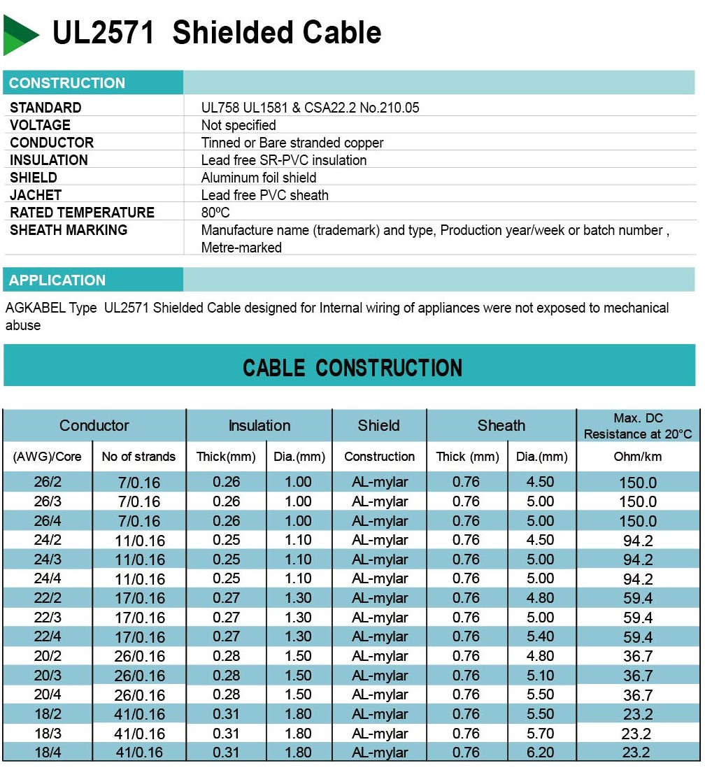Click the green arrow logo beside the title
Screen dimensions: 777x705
point(20,34)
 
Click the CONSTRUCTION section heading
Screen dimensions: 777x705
point(67,83)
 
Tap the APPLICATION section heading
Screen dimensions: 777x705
point(57,280)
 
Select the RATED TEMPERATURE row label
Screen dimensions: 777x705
point(82,213)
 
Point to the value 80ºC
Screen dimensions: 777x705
point(215,213)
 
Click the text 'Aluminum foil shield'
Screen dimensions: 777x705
point(259,178)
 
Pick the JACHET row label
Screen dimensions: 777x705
point(36,195)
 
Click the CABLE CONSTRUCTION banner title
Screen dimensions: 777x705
point(352,368)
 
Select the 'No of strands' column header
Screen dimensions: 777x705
point(138,457)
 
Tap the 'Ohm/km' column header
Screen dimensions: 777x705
point(637,457)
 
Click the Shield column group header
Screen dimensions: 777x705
point(379,425)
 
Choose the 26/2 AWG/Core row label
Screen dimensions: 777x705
point(48,482)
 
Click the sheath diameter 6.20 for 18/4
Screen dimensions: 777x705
point(540,753)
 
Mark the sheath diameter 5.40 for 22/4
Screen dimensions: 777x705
point(540,636)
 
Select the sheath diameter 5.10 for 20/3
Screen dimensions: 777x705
point(540,676)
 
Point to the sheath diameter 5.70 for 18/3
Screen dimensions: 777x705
point(540,733)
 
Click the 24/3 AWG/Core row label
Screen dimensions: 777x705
point(48,559)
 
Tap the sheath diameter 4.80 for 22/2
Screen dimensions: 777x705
point(540,598)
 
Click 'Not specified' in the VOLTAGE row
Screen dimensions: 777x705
point(238,125)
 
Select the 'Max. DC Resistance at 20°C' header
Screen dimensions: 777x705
point(637,426)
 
